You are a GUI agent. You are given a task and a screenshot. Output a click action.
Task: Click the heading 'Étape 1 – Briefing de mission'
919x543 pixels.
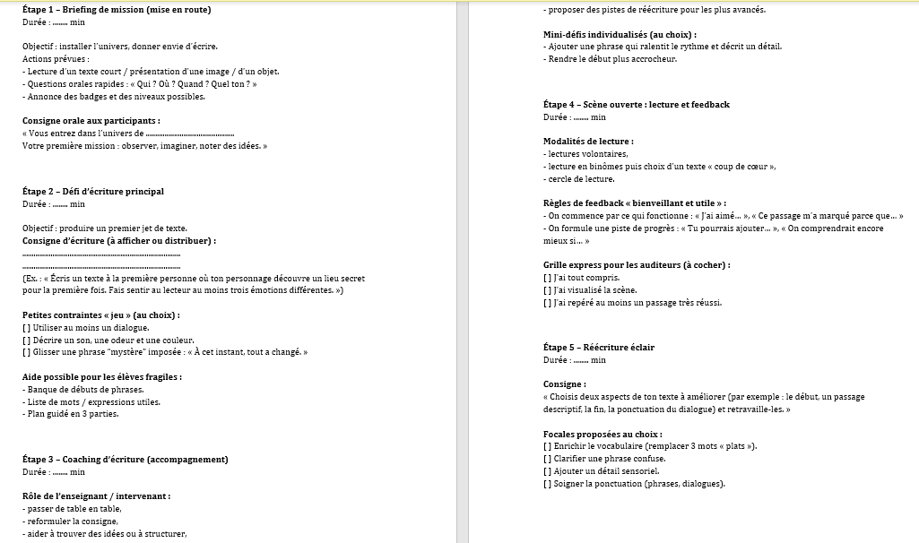pyautogui.click(x=117, y=10)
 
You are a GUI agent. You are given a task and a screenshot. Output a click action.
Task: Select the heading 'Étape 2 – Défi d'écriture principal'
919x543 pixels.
pyautogui.click(x=92, y=191)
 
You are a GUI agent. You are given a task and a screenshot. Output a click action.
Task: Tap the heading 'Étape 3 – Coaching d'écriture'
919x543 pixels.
pyautogui.click(x=125, y=459)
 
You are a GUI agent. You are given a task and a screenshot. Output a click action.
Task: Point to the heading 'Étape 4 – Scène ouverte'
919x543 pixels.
pyautogui.click(x=636, y=104)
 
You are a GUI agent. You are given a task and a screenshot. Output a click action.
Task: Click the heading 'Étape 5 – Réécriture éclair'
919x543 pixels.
pyautogui.click(x=598, y=347)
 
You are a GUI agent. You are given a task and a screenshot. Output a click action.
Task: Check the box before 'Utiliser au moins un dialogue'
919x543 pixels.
pyautogui.click(x=26, y=328)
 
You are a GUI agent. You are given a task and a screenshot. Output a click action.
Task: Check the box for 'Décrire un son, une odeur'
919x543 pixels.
pyautogui.click(x=26, y=340)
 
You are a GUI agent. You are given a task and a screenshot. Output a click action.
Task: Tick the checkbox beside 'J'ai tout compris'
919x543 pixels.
pyautogui.click(x=548, y=278)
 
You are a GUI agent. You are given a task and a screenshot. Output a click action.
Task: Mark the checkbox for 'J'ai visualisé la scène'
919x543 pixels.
pyautogui.click(x=548, y=290)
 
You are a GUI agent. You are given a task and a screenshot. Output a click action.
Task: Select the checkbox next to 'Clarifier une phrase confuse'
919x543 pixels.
pyautogui.click(x=548, y=458)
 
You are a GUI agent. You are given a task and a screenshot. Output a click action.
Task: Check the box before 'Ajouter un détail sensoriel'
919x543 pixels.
pyautogui.click(x=548, y=470)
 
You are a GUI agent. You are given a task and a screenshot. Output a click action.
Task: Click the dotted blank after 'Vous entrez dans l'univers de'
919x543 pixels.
pyautogui.click(x=188, y=134)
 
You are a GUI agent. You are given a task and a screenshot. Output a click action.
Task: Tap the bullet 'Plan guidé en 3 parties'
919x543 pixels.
pyautogui.click(x=73, y=414)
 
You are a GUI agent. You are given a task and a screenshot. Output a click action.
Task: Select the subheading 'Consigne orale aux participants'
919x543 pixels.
pyautogui.click(x=91, y=120)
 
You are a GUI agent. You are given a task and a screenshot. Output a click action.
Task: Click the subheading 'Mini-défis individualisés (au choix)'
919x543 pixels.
pyautogui.click(x=620, y=35)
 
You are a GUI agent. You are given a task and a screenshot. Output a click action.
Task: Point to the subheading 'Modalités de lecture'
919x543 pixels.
pyautogui.click(x=588, y=142)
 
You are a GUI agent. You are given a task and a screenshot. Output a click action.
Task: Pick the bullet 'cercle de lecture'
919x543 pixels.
pyautogui.click(x=582, y=179)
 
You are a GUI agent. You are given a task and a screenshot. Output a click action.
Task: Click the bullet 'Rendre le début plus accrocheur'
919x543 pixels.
pyautogui.click(x=610, y=59)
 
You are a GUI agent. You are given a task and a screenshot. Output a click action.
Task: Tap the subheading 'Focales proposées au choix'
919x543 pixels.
pyautogui.click(x=603, y=434)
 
